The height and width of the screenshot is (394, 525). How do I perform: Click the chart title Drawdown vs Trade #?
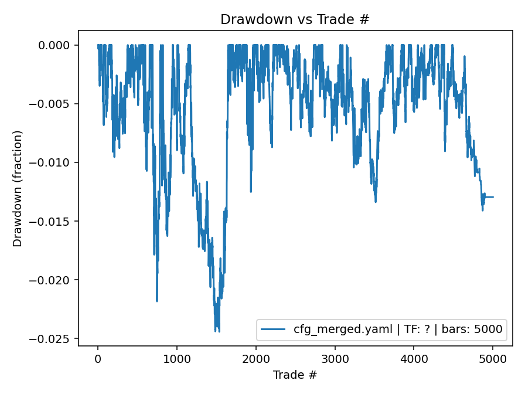tap(295, 19)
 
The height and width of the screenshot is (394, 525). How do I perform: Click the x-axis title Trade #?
tap(295, 374)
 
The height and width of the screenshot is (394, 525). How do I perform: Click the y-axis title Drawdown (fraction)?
tap(18, 188)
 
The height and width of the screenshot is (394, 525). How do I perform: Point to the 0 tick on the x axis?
tap(98, 358)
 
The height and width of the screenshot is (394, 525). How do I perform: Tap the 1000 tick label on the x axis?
tap(176, 358)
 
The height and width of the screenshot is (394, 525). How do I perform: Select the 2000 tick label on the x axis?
tap(255, 358)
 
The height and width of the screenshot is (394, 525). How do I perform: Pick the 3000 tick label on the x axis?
tap(335, 358)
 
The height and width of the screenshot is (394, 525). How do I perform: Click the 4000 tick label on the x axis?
tap(414, 358)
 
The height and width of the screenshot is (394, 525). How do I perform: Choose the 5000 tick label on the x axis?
tap(493, 358)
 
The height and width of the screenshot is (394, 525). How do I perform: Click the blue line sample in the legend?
tap(275, 330)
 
